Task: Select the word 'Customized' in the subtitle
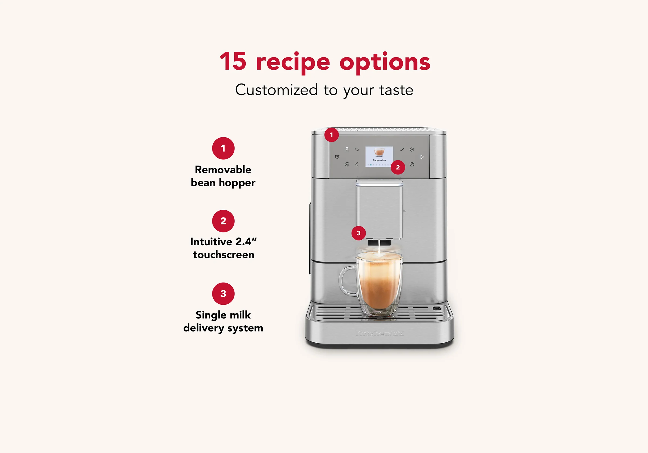[x=276, y=90]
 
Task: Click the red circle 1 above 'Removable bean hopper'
[x=223, y=148]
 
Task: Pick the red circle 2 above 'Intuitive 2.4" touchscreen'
[x=223, y=221]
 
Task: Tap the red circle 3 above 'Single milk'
[x=223, y=294]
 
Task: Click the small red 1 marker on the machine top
[x=331, y=135]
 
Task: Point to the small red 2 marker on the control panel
[x=398, y=167]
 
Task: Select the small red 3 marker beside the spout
[x=359, y=233]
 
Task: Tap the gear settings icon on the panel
[x=412, y=150]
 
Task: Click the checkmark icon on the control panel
[x=402, y=150]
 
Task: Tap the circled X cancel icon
[x=412, y=164]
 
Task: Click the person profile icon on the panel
[x=347, y=149]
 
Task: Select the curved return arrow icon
[x=357, y=150]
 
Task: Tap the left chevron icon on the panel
[x=357, y=164]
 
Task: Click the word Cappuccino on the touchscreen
[x=379, y=160]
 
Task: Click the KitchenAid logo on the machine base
[x=380, y=334]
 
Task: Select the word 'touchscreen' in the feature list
[x=224, y=255]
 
